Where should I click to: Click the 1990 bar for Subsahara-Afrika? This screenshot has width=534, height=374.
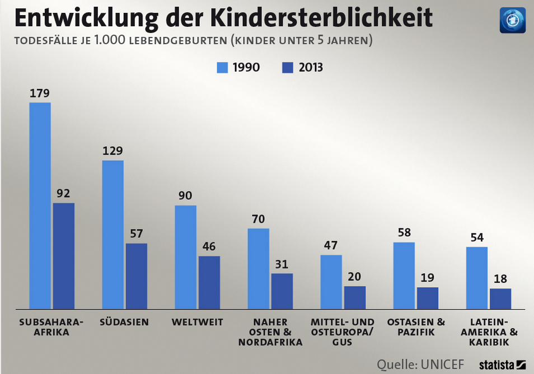(x=40, y=205)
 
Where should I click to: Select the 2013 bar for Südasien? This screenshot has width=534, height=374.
(x=136, y=275)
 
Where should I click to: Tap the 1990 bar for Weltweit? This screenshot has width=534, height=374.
(x=185, y=256)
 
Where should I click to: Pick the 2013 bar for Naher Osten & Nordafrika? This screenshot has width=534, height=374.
(x=282, y=291)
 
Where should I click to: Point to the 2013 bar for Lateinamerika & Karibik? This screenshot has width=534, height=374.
(x=500, y=298)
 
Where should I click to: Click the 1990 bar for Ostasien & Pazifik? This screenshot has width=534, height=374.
(x=404, y=275)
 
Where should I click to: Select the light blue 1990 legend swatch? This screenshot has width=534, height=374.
(x=223, y=68)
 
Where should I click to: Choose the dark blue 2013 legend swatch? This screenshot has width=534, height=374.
(x=287, y=68)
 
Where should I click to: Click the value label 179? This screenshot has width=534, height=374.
(x=39, y=93)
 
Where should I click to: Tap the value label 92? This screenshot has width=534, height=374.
(x=63, y=194)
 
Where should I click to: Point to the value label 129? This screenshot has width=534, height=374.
(x=113, y=151)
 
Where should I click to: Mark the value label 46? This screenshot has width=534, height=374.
(x=209, y=247)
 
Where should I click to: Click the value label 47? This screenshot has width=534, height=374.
(x=331, y=245)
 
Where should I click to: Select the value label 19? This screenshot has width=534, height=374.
(x=427, y=278)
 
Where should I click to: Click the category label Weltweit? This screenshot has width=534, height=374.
(x=197, y=322)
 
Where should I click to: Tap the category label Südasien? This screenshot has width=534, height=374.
(x=124, y=322)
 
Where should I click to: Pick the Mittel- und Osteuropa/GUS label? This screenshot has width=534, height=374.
(x=342, y=331)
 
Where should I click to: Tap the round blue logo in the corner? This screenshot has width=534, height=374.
(x=512, y=20)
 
